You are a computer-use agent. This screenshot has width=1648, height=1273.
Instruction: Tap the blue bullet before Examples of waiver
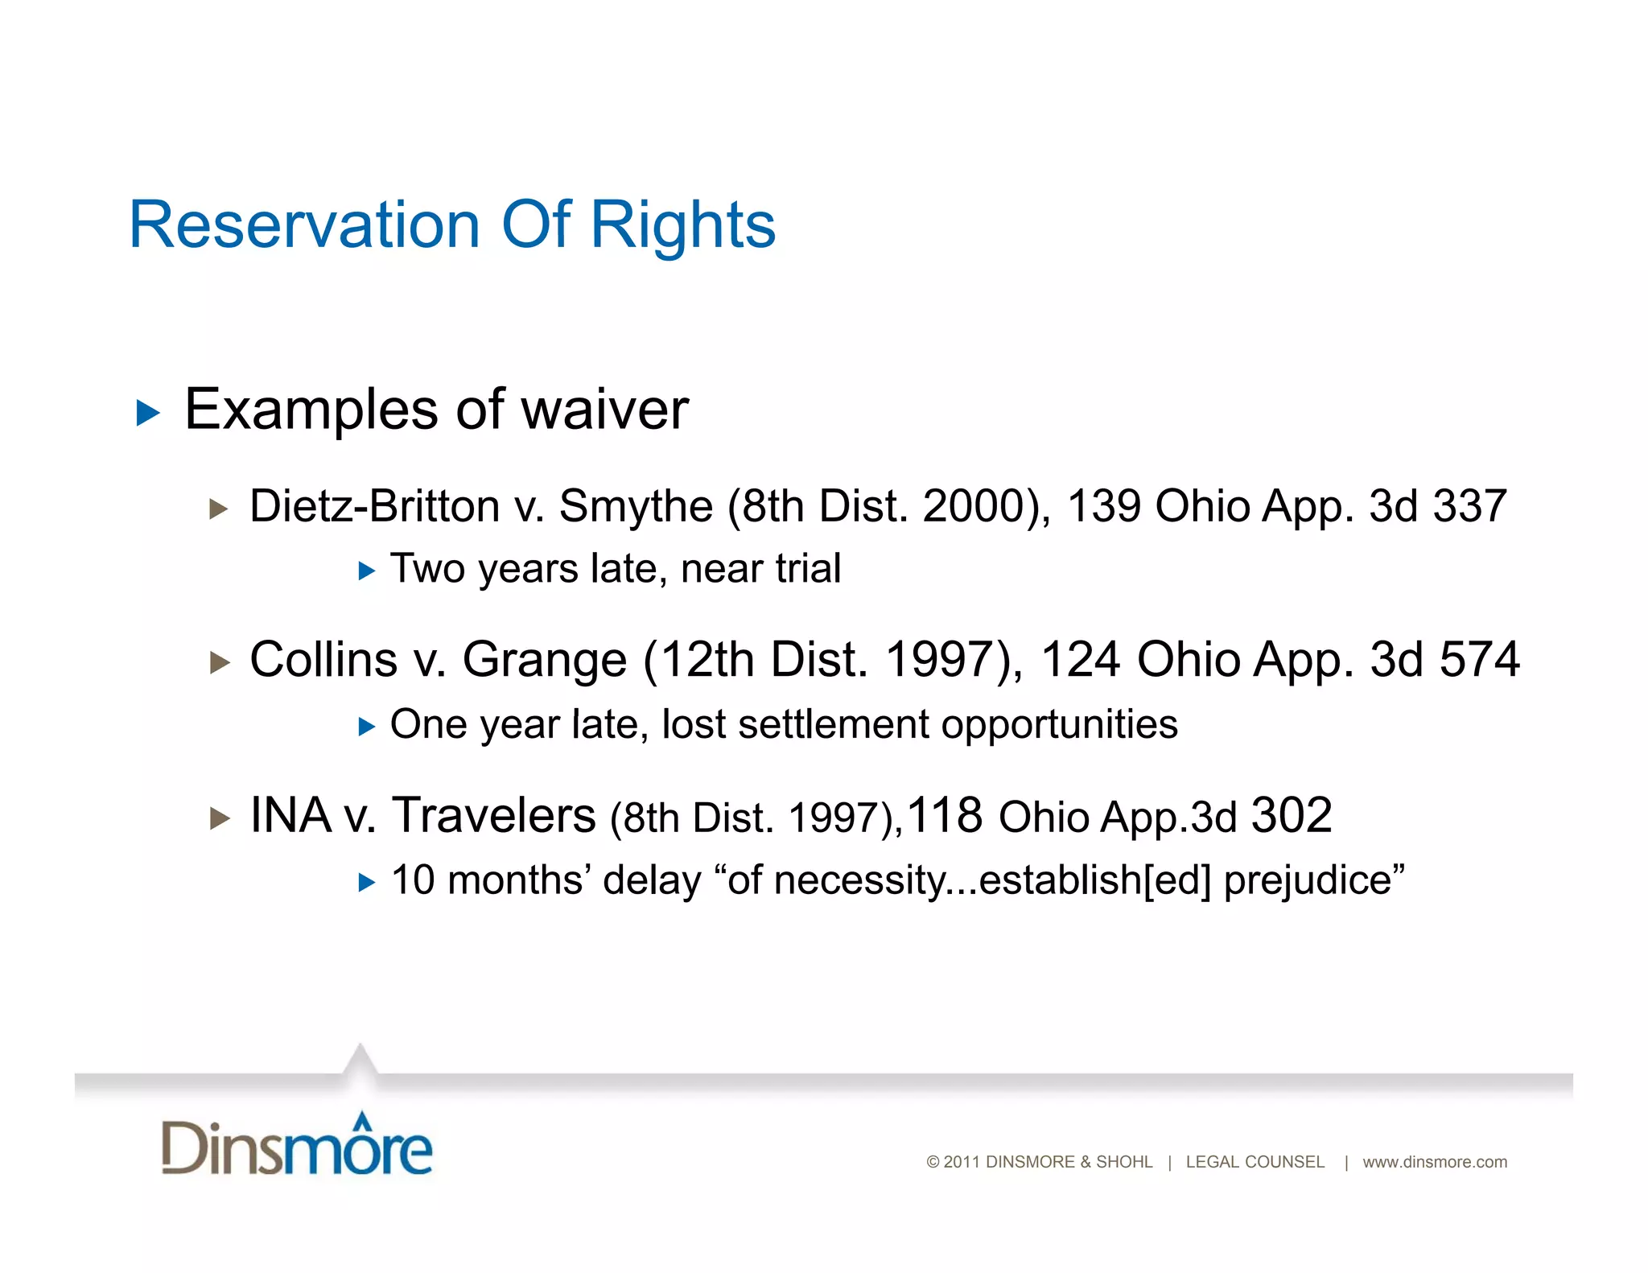click(148, 414)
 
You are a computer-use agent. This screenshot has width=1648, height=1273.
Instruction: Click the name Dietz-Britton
click(374, 506)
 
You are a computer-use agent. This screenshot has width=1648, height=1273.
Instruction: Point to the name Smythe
click(636, 506)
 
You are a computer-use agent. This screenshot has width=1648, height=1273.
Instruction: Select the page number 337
click(1469, 506)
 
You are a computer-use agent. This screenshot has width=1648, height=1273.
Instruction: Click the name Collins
click(323, 660)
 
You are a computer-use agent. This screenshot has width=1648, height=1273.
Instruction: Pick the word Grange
click(544, 660)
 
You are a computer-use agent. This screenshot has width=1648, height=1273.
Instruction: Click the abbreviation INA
click(290, 815)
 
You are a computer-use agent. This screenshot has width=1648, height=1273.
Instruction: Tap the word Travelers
click(493, 815)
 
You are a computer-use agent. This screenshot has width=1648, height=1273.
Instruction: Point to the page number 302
click(1291, 815)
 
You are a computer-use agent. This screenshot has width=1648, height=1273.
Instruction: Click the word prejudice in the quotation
click(1313, 880)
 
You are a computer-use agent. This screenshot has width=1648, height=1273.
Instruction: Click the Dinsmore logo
click(297, 1145)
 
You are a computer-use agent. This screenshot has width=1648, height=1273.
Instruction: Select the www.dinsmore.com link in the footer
click(1434, 1162)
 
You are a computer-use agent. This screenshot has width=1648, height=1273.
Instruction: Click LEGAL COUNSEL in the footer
click(1255, 1162)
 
